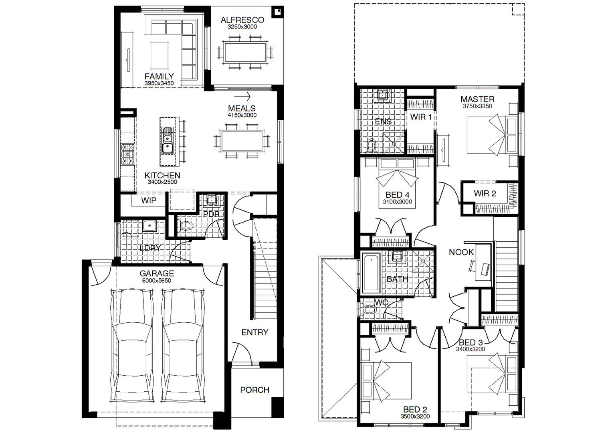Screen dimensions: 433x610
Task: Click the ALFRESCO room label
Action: [x=242, y=20]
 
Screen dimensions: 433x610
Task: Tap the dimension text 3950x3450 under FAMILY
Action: [x=159, y=83]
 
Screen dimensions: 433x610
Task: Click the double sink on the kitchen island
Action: [x=168, y=141]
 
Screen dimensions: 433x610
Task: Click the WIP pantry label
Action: [x=148, y=200]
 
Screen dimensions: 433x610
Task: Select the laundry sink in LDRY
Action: [x=149, y=227]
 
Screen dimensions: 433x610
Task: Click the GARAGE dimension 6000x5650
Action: [x=156, y=281]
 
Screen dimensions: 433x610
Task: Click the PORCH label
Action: [x=255, y=390]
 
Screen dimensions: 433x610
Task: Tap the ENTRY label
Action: [x=255, y=332]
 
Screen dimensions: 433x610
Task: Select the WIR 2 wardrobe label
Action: [x=485, y=194]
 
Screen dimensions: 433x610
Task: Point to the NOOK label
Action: [x=461, y=252]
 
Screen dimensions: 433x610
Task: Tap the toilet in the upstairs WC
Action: [x=368, y=309]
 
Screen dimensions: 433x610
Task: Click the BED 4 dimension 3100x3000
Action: [x=397, y=202]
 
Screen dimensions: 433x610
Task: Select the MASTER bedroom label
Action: [x=477, y=99]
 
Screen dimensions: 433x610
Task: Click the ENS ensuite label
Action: [x=383, y=121]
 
